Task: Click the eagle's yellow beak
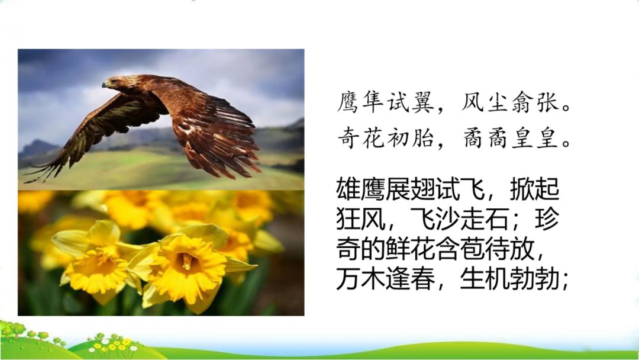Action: [x=105, y=85]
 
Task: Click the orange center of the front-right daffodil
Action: [x=186, y=261]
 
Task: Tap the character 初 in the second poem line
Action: [x=397, y=137]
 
